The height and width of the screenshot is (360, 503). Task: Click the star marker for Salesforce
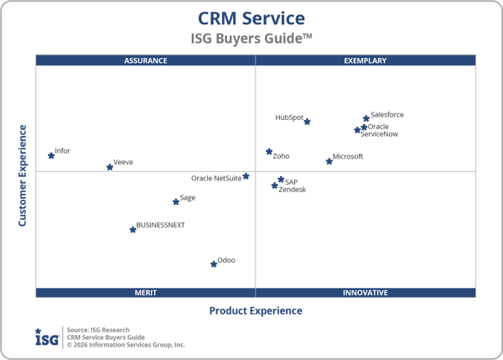coord(366,119)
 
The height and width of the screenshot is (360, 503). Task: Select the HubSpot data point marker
coord(307,122)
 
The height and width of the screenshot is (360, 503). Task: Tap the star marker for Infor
coord(51,155)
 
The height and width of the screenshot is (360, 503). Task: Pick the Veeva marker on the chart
coord(110,167)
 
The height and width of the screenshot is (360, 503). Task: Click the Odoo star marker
coord(214,263)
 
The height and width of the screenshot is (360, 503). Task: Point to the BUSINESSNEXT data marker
coord(132,229)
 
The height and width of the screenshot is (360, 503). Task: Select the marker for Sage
coord(176,201)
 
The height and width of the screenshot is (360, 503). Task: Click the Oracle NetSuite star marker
coord(246,176)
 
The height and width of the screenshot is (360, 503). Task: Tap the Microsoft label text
coord(348,157)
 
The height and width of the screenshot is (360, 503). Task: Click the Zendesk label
coord(293,190)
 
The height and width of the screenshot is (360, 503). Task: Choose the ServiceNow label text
coord(379,134)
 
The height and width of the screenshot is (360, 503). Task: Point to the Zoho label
coord(281,156)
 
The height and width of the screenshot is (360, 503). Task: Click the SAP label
coord(291,181)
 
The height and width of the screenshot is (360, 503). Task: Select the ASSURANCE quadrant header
coord(146,60)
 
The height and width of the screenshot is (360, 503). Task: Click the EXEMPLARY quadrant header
coord(366,60)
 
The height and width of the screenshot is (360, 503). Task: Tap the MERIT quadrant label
coord(146,293)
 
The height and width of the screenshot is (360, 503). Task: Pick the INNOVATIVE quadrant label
coord(366,293)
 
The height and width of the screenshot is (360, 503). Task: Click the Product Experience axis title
coord(256,311)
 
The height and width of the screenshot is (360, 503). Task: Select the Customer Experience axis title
coord(23,175)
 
